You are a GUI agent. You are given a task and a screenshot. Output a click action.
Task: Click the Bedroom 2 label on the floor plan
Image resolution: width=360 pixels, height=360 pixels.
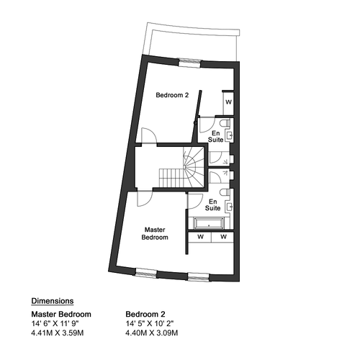172,95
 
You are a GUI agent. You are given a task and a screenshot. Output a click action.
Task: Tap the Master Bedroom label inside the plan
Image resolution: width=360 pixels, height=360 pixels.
155,233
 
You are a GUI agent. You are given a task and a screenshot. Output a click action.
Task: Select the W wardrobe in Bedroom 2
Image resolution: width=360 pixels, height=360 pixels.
228,102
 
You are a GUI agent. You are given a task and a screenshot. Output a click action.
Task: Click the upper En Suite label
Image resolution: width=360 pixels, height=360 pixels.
215,136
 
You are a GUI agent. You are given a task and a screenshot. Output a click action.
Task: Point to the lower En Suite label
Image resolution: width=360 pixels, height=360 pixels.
212,204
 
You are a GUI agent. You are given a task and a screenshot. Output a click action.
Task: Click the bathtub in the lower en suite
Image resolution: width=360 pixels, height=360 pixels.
209,223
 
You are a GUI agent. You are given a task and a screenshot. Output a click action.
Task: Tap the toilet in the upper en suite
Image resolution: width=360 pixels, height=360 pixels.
225,123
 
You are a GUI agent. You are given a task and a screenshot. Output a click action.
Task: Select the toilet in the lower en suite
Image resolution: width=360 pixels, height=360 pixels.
225,192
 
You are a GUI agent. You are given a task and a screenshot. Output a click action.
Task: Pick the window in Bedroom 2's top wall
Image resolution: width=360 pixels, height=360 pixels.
189,63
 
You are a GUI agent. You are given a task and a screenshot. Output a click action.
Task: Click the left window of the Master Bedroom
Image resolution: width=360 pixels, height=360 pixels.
146,273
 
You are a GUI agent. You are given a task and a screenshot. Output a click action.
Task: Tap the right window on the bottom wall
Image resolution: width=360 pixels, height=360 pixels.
199,276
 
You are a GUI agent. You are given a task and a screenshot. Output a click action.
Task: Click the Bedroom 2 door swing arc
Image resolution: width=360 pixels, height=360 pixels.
149,135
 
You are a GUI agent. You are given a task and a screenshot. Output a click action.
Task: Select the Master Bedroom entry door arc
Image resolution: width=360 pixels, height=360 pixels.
145,199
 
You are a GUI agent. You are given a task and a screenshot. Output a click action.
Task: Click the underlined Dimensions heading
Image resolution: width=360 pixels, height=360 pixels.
53,301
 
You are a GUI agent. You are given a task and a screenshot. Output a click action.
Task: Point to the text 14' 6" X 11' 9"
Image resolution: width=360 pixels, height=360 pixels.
55,324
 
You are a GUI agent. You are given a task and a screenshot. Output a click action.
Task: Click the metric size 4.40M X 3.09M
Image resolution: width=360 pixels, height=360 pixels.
152,333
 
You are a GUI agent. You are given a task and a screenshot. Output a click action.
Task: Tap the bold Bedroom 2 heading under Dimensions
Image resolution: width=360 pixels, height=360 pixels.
145,314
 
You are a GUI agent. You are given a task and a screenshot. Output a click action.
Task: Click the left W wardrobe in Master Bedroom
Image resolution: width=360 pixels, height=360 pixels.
200,237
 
